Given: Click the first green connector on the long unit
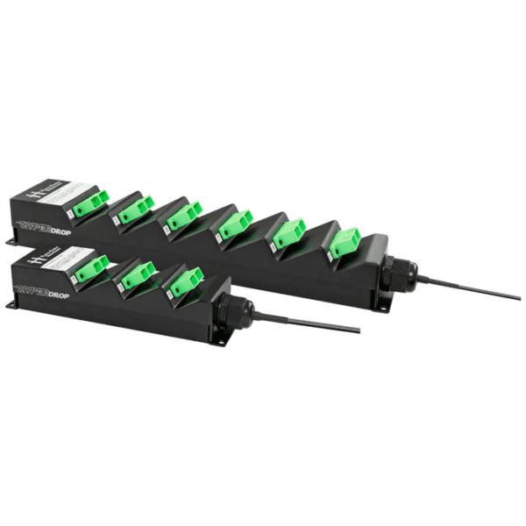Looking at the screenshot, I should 89,204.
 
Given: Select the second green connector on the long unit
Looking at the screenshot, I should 137,210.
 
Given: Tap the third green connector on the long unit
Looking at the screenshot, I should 184,217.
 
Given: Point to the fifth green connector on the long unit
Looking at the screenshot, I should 288,234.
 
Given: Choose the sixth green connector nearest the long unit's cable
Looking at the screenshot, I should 345,243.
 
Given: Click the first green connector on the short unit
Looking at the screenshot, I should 90,268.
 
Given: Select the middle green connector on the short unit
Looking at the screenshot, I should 138,276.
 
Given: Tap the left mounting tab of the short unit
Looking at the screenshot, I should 13,305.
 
